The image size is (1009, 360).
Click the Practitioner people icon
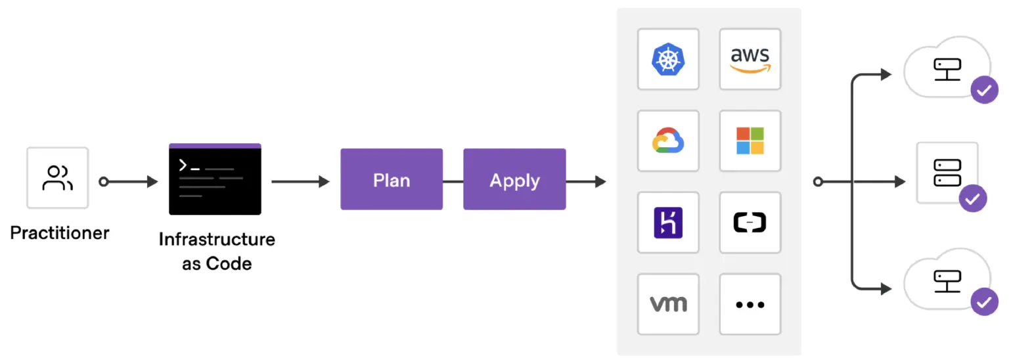(x=57, y=178)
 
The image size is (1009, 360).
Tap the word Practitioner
(x=60, y=233)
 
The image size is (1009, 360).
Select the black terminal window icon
(x=215, y=179)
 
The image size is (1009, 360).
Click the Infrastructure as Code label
(x=217, y=251)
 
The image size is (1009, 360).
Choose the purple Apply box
(x=514, y=179)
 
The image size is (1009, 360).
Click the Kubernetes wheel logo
(x=668, y=59)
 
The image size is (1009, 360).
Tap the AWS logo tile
(x=750, y=59)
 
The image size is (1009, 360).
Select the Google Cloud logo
(x=668, y=141)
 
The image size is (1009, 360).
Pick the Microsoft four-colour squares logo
(x=750, y=141)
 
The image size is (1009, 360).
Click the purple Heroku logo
(x=668, y=223)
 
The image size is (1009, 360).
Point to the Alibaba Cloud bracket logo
(x=750, y=223)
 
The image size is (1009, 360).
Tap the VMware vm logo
(x=668, y=304)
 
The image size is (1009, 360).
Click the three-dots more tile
(x=750, y=304)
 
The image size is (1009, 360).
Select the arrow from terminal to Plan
(x=300, y=181)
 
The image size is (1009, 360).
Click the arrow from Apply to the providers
(x=586, y=181)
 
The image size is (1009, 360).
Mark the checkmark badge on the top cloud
(x=984, y=91)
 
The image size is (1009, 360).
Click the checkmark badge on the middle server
(x=973, y=198)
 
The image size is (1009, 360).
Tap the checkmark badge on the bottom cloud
(x=984, y=302)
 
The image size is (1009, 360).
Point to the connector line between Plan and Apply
(x=453, y=181)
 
